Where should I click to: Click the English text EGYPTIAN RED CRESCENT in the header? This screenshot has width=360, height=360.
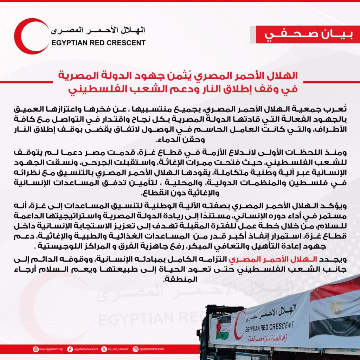pyautogui.click(x=98, y=43)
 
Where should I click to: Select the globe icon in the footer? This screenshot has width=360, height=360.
pyautogui.click(x=36, y=349)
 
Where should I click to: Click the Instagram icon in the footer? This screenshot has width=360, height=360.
pyautogui.click(x=135, y=349)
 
